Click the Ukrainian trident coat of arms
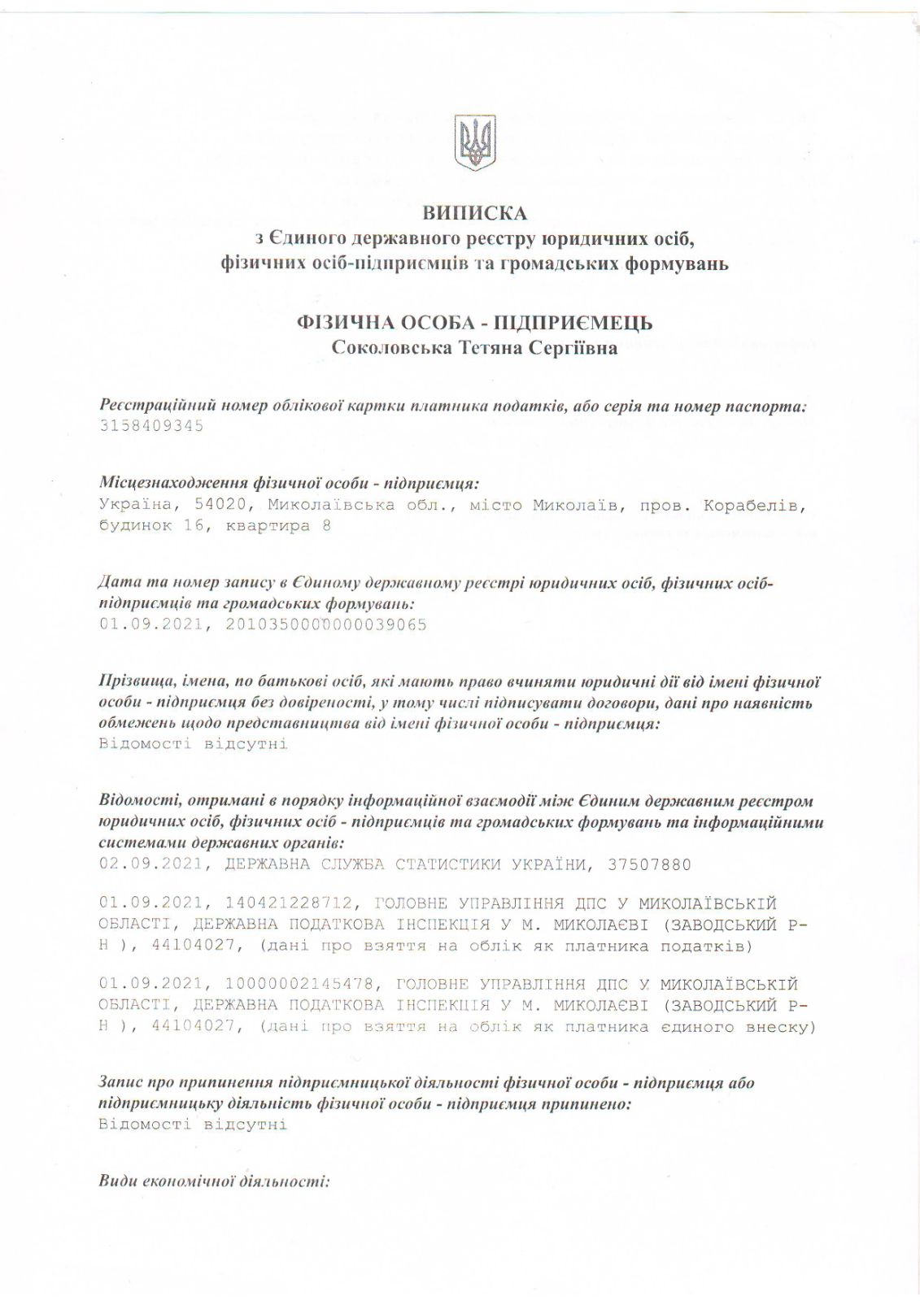(x=475, y=143)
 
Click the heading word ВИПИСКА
(x=475, y=213)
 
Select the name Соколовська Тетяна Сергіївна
(x=475, y=348)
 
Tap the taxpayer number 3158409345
(x=151, y=425)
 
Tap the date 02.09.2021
(x=150, y=864)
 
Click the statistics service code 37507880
(x=649, y=864)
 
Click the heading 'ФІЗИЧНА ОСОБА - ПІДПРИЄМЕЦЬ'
(x=475, y=323)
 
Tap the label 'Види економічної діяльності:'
(x=213, y=1181)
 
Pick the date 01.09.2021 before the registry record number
(x=150, y=624)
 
